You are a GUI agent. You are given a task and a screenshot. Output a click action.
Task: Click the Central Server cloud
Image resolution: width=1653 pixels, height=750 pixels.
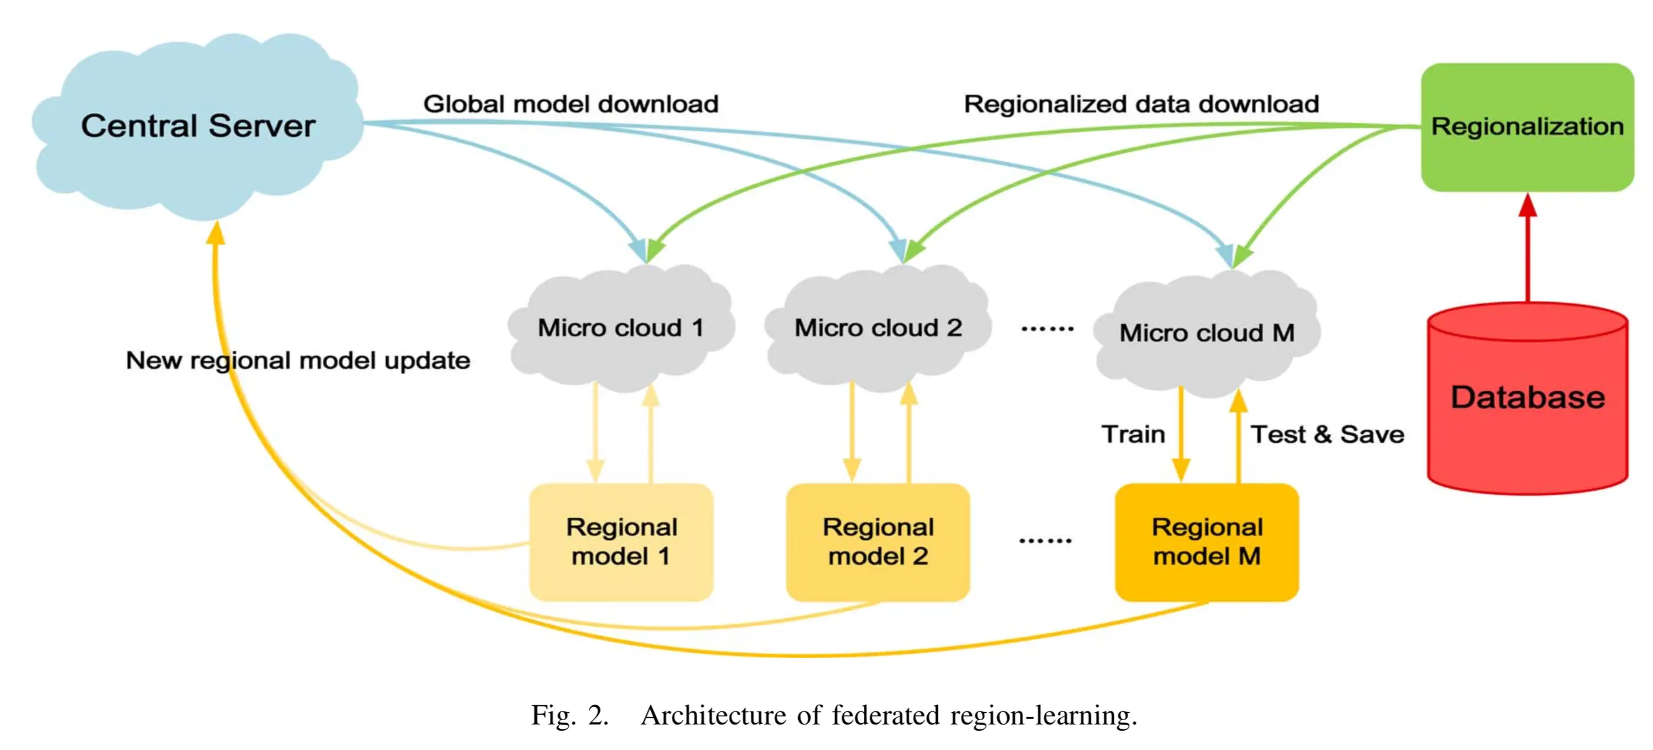[198, 126]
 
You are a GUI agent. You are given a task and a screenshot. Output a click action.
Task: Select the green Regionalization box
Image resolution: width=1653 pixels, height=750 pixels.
[1527, 127]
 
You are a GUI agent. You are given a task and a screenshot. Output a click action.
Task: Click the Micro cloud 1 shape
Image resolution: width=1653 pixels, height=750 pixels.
[621, 328]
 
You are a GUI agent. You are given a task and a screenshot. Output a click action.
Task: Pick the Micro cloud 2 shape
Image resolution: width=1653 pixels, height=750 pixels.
[878, 328]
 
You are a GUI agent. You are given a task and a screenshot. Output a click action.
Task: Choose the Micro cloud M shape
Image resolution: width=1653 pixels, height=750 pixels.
[1206, 333]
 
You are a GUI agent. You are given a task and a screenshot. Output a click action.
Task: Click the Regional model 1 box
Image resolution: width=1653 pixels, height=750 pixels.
[621, 542]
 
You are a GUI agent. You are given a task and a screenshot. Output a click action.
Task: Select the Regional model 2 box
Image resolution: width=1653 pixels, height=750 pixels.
[878, 542]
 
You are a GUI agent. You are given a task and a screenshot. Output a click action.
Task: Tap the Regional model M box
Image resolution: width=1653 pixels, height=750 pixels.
[1206, 542]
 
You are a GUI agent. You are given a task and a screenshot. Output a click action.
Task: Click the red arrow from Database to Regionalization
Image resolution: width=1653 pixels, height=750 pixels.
[1528, 250]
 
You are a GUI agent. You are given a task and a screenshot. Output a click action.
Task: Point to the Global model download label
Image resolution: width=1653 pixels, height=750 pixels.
[570, 104]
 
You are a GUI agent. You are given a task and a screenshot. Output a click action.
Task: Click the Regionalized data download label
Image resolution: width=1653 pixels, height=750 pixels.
[1141, 104]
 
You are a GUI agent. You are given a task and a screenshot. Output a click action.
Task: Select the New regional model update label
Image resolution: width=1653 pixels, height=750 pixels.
[298, 361]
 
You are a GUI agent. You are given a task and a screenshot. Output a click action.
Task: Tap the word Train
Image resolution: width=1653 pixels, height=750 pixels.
[1133, 434]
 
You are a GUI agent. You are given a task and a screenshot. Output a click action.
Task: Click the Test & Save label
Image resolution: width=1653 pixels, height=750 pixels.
[1327, 434]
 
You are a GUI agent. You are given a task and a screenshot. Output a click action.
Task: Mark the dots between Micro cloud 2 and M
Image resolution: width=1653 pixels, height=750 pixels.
[1047, 329]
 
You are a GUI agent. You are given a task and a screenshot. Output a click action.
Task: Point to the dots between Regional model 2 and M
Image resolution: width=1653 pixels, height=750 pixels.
[1045, 541]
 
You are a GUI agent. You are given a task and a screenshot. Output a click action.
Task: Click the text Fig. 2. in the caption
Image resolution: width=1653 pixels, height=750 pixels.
[570, 715]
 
